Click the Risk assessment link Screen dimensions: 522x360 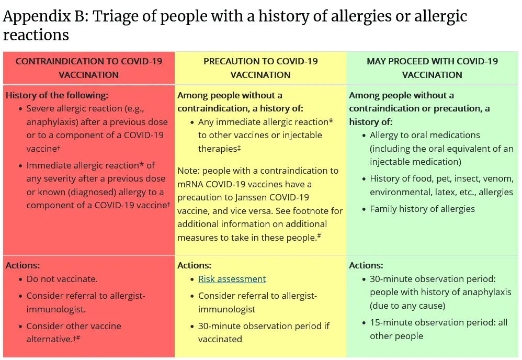pos(232,279)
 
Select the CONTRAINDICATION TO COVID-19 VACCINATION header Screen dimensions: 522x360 pos(89,68)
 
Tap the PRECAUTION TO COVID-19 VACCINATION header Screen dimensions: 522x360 pos(260,68)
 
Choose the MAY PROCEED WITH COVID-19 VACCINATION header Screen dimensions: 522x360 pos(432,68)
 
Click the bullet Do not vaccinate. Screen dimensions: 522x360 pos(62,279)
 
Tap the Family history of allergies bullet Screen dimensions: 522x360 pos(422,209)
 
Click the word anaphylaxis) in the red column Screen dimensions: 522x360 pos(52,122)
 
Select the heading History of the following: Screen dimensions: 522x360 pos(57,96)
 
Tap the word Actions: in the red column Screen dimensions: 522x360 pos(22,265)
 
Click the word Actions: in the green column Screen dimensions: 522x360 pos(366,265)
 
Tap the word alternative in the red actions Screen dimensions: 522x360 pos(48,340)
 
